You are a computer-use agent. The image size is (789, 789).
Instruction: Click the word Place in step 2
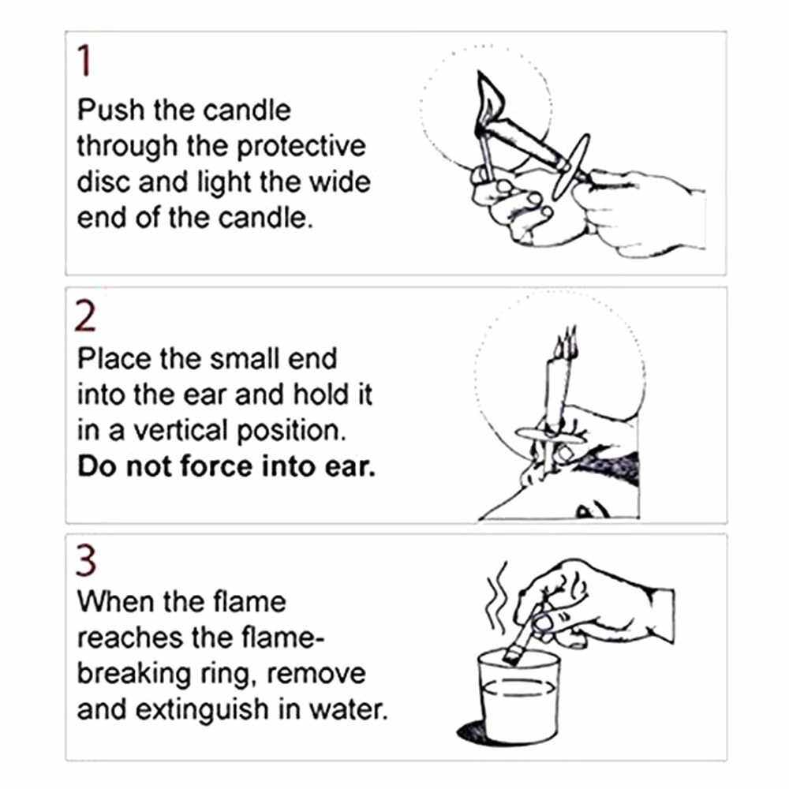click(x=114, y=359)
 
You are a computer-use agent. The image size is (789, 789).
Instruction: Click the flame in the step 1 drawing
click(x=488, y=95)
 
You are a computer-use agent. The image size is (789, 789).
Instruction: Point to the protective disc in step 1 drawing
click(x=570, y=166)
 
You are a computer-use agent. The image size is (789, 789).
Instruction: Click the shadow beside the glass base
click(x=470, y=731)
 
